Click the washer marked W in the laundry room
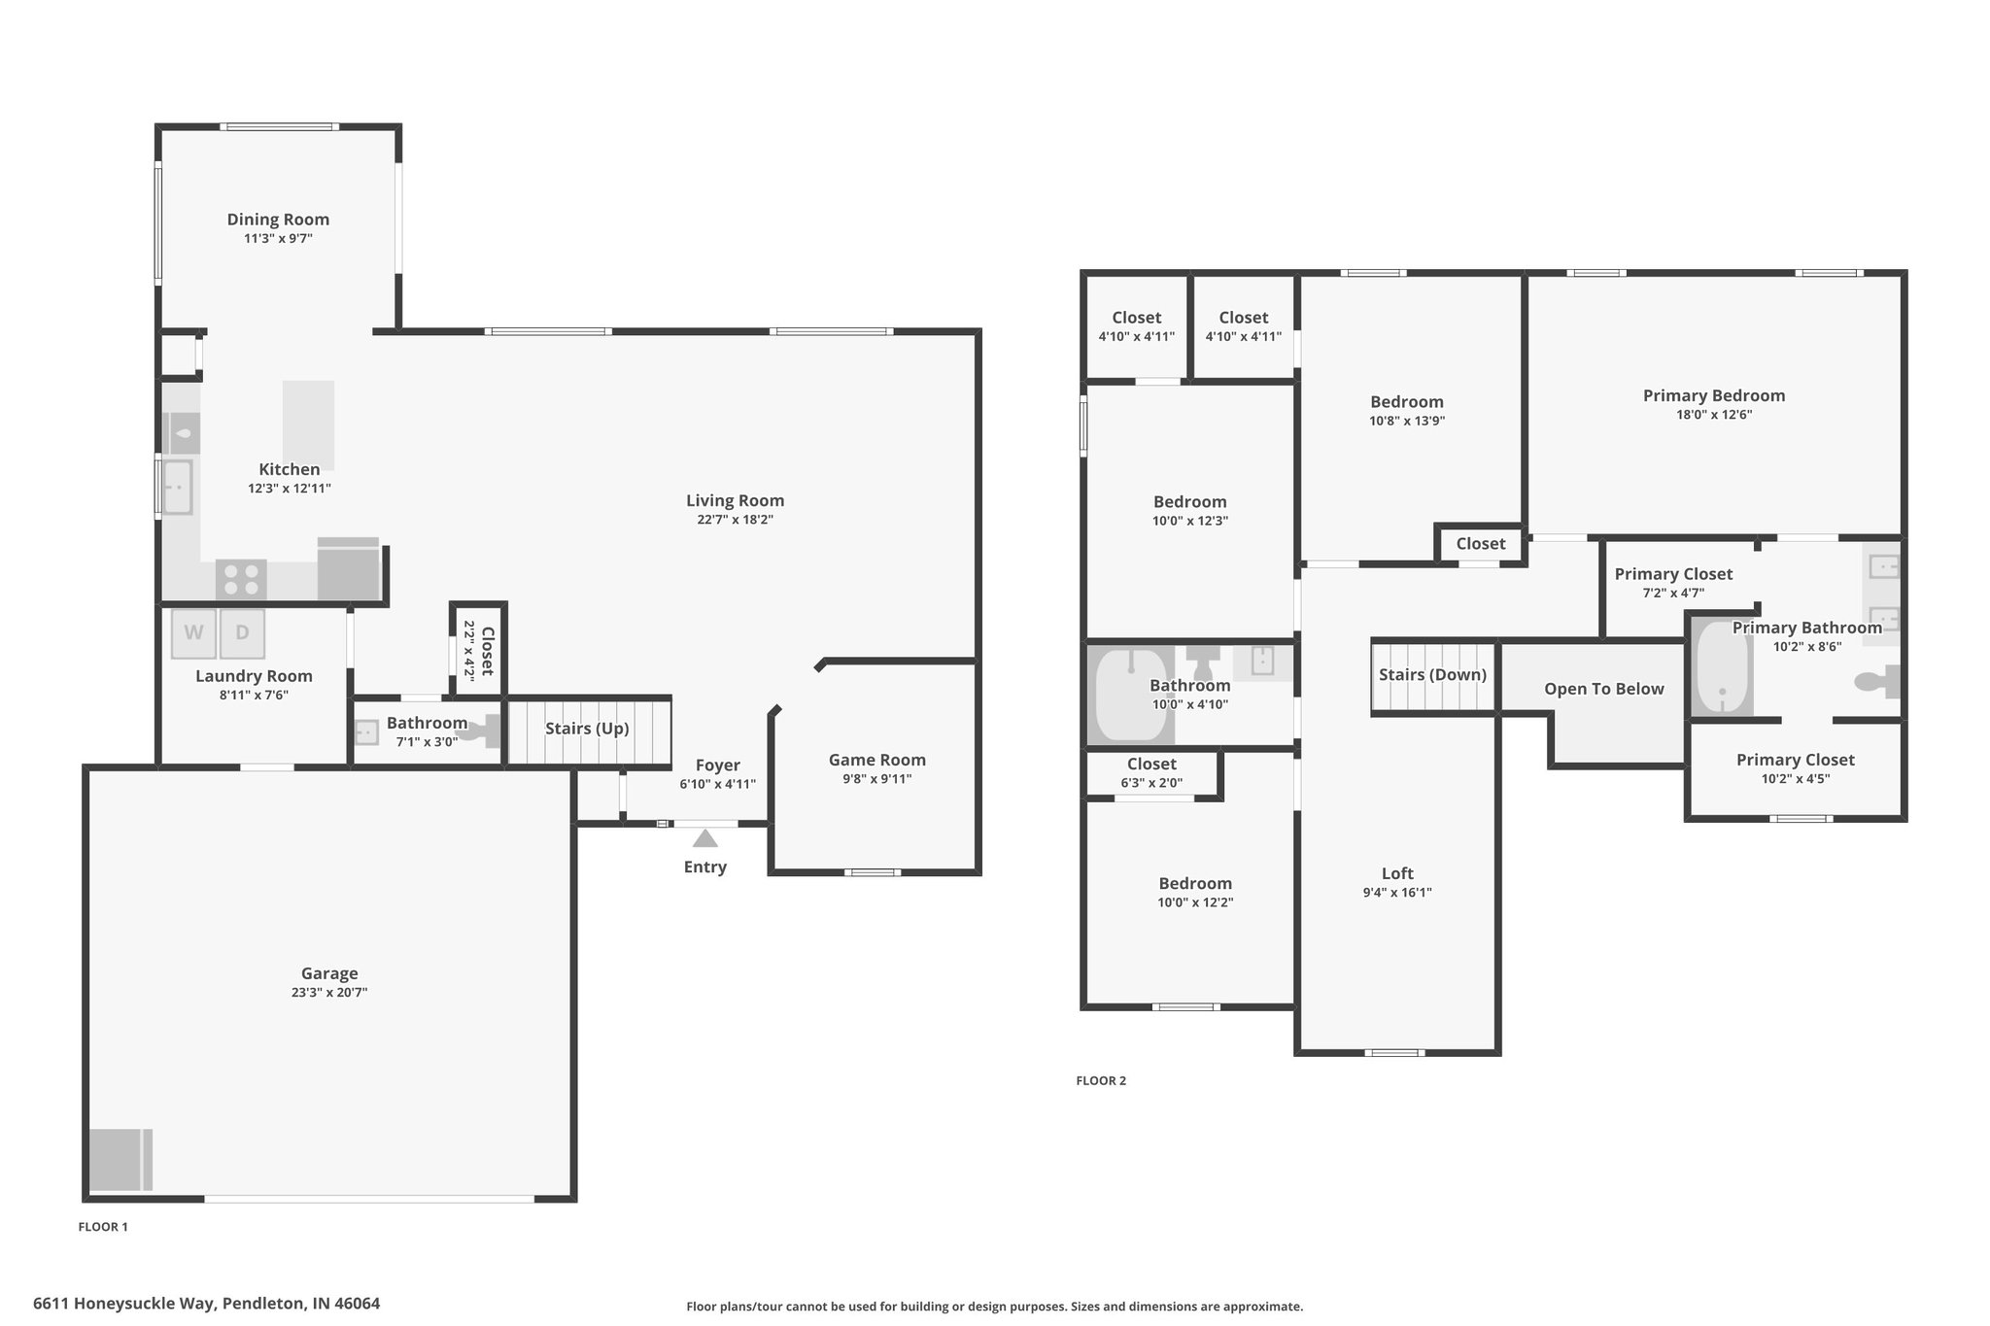point(193,633)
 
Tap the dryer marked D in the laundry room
point(242,633)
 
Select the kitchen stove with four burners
point(241,580)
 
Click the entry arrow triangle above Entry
point(705,837)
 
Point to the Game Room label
point(877,760)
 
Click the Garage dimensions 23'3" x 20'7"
point(329,993)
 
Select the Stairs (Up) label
point(587,729)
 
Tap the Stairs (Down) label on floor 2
point(1432,675)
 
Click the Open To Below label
point(1604,689)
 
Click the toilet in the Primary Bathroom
point(1877,682)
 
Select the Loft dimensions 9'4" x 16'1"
point(1397,893)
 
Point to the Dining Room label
point(278,220)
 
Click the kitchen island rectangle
point(308,425)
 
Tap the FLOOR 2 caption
point(1101,1080)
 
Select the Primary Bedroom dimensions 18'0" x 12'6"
point(1714,415)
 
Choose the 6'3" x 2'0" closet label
point(1151,783)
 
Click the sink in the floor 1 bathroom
point(367,731)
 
